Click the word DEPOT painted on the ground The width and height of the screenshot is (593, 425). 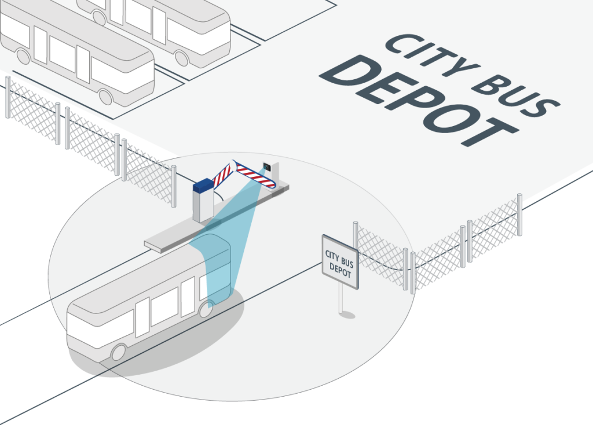coord(418,100)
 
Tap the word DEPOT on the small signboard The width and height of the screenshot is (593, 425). coord(340,270)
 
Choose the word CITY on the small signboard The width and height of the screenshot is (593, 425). coord(332,255)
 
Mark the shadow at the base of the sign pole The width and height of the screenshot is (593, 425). coord(347,315)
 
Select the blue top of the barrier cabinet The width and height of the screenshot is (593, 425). coord(203,185)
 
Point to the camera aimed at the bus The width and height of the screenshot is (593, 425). coord(267,167)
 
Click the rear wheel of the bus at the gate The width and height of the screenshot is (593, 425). coord(118,352)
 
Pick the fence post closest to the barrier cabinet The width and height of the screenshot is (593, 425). coord(174,186)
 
